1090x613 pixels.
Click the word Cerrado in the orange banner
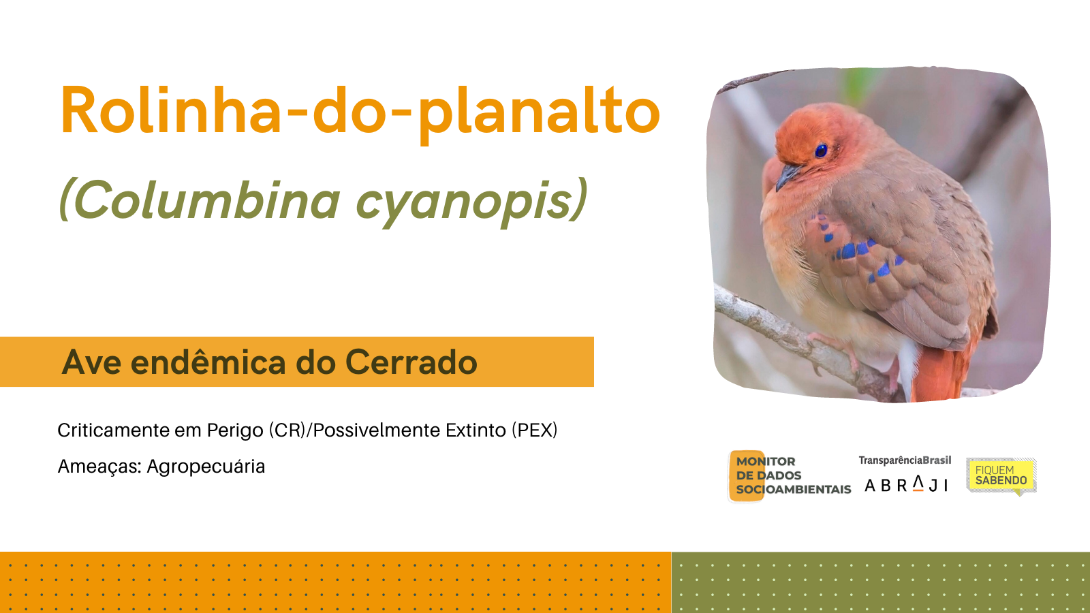pos(411,362)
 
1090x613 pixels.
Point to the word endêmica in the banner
pos(208,362)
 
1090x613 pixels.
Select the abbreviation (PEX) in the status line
pos(534,430)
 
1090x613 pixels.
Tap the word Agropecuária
pos(206,467)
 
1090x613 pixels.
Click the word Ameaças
pos(99,467)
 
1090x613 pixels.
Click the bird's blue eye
pos(821,151)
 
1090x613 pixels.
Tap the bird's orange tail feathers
pos(941,370)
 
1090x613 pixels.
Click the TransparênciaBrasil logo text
pos(905,460)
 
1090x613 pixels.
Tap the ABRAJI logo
pos(906,484)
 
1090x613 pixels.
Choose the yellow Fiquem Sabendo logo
pos(1001,476)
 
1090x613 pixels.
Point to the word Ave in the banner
pos(91,362)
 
